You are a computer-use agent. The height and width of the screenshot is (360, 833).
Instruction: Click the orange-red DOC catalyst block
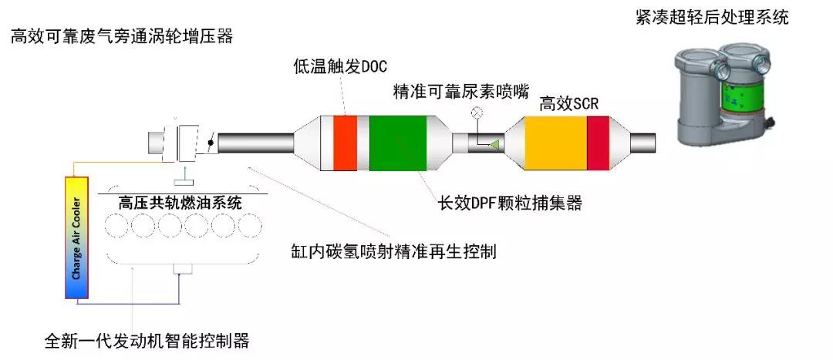click(x=345, y=143)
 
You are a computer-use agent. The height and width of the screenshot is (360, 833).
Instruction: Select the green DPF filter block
click(x=398, y=143)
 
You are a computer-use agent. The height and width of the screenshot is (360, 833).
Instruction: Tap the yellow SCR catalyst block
click(x=555, y=143)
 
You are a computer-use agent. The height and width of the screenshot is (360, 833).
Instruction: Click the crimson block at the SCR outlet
click(x=598, y=143)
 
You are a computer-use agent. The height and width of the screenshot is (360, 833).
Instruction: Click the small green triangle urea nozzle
click(x=494, y=143)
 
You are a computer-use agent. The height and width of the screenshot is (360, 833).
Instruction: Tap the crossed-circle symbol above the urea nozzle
click(x=477, y=112)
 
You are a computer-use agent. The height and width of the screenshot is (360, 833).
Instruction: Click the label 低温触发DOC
click(x=341, y=66)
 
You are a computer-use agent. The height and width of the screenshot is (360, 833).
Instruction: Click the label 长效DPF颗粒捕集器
click(x=510, y=203)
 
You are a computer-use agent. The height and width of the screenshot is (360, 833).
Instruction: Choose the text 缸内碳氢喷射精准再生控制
click(x=393, y=251)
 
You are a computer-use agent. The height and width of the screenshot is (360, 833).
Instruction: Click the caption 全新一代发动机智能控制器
click(x=147, y=340)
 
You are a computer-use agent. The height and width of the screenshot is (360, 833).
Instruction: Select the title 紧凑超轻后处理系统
click(x=713, y=17)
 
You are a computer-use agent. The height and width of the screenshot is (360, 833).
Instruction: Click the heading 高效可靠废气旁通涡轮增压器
click(x=122, y=37)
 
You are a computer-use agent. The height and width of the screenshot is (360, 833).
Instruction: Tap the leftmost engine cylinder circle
click(x=116, y=226)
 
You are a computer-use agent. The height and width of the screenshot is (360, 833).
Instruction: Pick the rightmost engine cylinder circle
click(x=250, y=226)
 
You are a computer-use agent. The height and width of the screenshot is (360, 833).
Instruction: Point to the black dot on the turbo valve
click(x=211, y=143)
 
